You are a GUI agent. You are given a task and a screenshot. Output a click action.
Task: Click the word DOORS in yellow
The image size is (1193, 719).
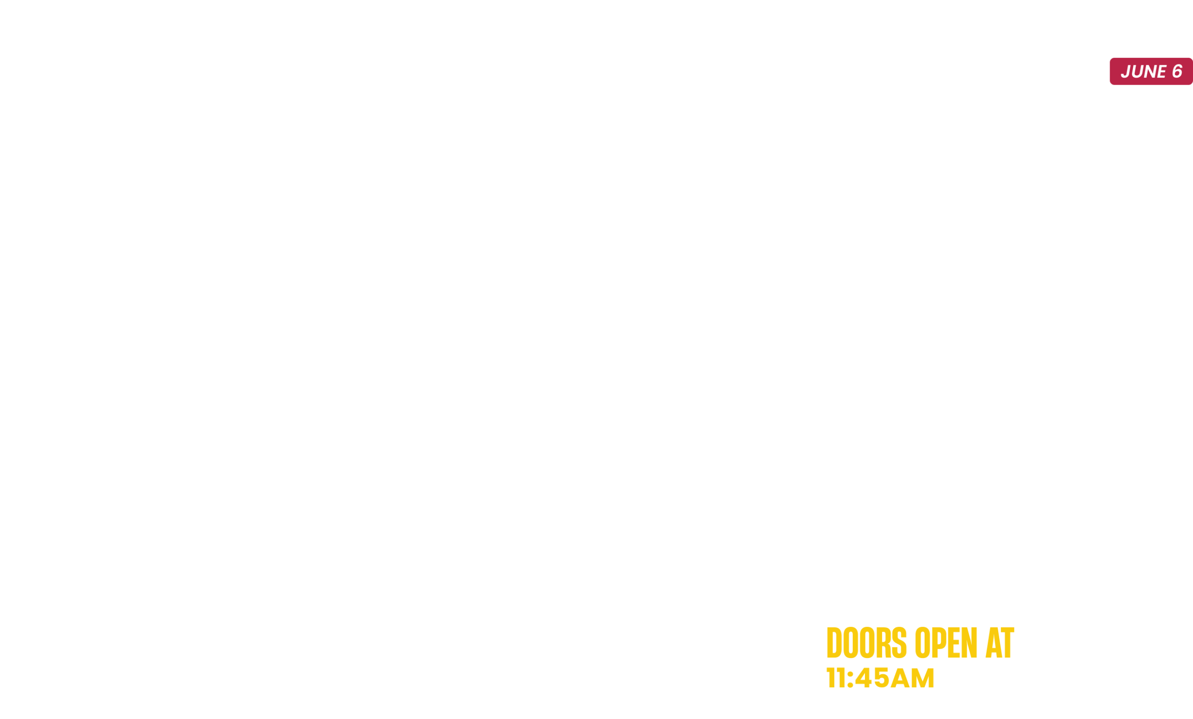pyautogui.click(x=867, y=643)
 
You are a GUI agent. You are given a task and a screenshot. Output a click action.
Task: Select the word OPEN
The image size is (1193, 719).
pyautogui.click(x=946, y=643)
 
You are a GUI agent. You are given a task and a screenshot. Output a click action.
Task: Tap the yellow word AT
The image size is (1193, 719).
pyautogui.click(x=1000, y=643)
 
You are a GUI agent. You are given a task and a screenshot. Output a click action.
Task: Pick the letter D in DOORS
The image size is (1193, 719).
pyautogui.click(x=834, y=643)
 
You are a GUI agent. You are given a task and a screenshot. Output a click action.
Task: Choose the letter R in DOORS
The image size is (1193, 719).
pyautogui.click(x=884, y=643)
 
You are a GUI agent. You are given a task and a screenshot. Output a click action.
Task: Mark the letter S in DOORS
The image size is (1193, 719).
pyautogui.click(x=899, y=643)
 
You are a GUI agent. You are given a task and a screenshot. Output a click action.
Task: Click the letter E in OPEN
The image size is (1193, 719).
pyautogui.click(x=954, y=643)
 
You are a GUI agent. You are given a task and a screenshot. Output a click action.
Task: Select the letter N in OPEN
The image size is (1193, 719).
pyautogui.click(x=969, y=643)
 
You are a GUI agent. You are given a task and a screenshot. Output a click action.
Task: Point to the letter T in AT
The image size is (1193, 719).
pyautogui.click(x=1008, y=643)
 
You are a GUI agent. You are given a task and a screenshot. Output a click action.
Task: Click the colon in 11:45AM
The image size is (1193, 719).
pyautogui.click(x=850, y=678)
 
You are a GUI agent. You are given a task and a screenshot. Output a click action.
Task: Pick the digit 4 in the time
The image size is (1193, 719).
pyautogui.click(x=863, y=678)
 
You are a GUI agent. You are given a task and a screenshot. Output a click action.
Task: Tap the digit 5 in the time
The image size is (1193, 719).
pyautogui.click(x=881, y=678)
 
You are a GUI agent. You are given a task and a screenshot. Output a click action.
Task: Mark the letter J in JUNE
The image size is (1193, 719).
pyautogui.click(x=1126, y=71)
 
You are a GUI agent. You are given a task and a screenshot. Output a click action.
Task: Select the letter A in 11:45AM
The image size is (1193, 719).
pyautogui.click(x=900, y=678)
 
